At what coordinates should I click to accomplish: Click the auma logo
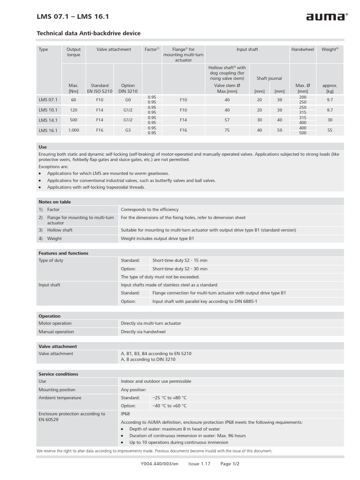coord(327,17)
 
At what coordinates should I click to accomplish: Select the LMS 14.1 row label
coord(48,120)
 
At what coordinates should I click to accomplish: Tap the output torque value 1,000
coord(74,130)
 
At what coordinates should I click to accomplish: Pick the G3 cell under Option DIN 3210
coord(128,130)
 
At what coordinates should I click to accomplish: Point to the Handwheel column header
coord(302,49)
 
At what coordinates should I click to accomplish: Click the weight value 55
coord(330,130)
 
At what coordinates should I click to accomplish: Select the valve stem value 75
coord(227,130)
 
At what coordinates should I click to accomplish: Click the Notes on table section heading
coord(54,202)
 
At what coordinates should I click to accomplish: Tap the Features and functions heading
coord(63,253)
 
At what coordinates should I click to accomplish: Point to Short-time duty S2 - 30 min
coord(180,269)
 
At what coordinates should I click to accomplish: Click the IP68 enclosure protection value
coord(126,414)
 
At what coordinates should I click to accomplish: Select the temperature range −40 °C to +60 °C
coord(169,406)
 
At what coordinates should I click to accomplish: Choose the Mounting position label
coord(57,390)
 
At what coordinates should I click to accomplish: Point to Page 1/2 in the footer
coord(230,464)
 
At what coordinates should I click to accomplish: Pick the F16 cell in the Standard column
coord(99,130)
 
